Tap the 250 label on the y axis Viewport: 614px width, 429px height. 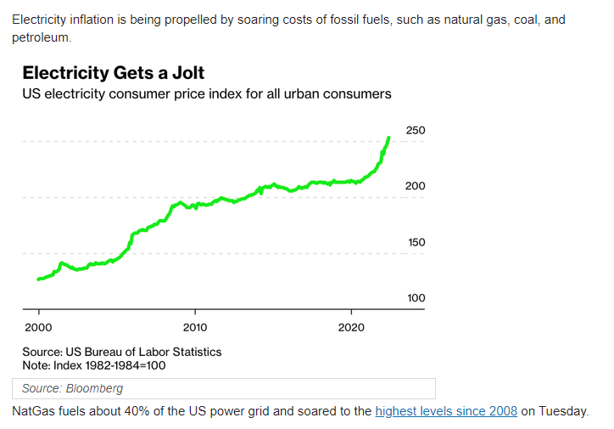(x=416, y=131)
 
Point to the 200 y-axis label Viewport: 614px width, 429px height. (x=416, y=186)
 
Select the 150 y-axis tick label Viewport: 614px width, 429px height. (x=416, y=242)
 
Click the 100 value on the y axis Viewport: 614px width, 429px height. (x=416, y=298)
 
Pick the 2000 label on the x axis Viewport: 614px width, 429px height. (x=38, y=327)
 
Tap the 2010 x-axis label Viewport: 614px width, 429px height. (x=195, y=327)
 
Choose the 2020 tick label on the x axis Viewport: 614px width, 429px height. (x=352, y=327)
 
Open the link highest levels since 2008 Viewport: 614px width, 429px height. (x=445, y=411)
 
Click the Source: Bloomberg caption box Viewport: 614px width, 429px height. (x=223, y=388)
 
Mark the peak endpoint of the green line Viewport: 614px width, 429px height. (x=388, y=138)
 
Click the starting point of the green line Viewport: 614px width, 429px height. (x=38, y=279)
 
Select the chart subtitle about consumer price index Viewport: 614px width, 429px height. (x=206, y=93)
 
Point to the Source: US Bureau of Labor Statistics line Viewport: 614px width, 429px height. (x=121, y=352)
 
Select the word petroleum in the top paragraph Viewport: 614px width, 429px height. (x=42, y=38)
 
